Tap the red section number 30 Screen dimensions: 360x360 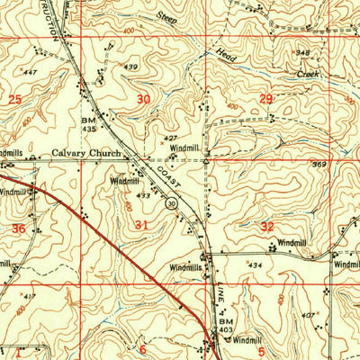144,99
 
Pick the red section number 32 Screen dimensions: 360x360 267,226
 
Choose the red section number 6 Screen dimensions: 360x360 141,348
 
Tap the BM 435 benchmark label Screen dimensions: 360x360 88,124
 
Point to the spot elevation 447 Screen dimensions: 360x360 31,71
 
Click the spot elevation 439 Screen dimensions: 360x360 131,67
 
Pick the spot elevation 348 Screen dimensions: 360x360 303,53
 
